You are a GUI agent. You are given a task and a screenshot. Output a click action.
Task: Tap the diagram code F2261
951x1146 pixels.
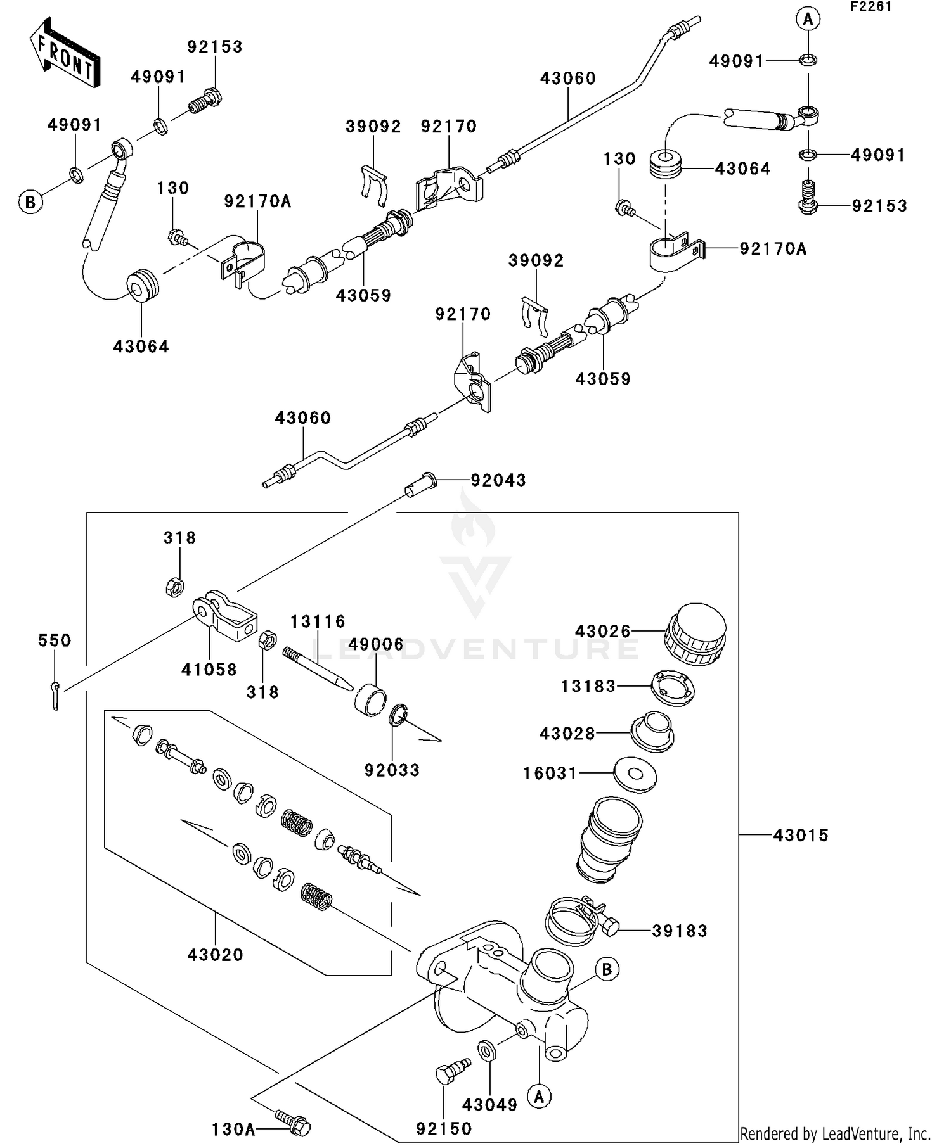(x=871, y=7)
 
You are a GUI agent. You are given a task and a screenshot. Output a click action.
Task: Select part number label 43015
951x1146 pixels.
(x=801, y=836)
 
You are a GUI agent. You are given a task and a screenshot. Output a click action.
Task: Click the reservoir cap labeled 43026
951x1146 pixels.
(x=695, y=634)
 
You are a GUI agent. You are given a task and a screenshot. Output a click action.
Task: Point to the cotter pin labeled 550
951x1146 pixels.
(x=56, y=694)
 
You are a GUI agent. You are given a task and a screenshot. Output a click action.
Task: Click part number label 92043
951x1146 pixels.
(x=498, y=481)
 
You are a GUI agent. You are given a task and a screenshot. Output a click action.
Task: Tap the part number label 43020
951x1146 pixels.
(x=216, y=955)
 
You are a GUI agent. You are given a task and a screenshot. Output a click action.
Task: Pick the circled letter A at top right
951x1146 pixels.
(x=808, y=19)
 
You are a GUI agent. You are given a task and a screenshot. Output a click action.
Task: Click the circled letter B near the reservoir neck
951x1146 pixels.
(x=607, y=969)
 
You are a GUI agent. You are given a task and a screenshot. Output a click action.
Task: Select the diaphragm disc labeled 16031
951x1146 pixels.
(x=635, y=774)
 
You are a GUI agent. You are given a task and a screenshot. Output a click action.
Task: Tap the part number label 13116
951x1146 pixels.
(x=318, y=621)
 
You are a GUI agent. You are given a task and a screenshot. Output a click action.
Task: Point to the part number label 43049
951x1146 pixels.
(x=489, y=1105)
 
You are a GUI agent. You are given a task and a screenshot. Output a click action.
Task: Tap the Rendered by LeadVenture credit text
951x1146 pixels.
(x=835, y=1133)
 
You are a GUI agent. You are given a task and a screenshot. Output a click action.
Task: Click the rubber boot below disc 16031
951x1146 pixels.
(x=609, y=839)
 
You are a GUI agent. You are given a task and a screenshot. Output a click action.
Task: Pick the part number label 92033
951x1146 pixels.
(x=392, y=770)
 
